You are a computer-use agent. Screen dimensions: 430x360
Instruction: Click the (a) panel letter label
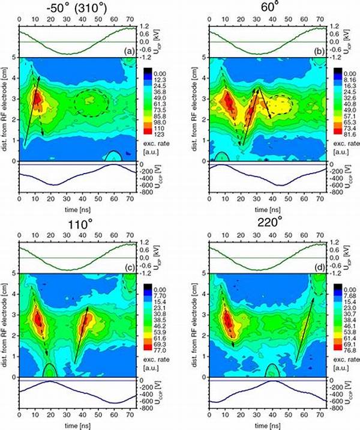[128, 53]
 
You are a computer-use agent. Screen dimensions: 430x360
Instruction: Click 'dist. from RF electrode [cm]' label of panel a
[5, 108]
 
